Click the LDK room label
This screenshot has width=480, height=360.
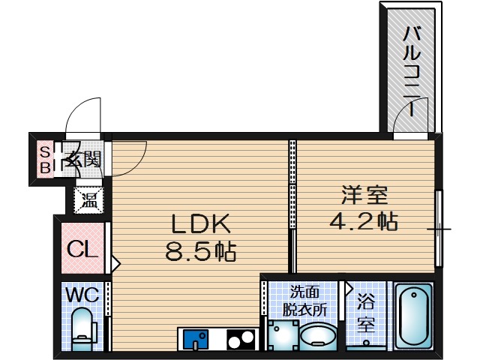[201, 223]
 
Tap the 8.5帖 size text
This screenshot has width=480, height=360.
[201, 250]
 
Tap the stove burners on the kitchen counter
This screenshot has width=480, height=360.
[240, 340]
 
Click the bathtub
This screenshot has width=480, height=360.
[413, 316]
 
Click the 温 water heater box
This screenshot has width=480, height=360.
[89, 199]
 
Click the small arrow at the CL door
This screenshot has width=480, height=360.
[115, 262]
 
